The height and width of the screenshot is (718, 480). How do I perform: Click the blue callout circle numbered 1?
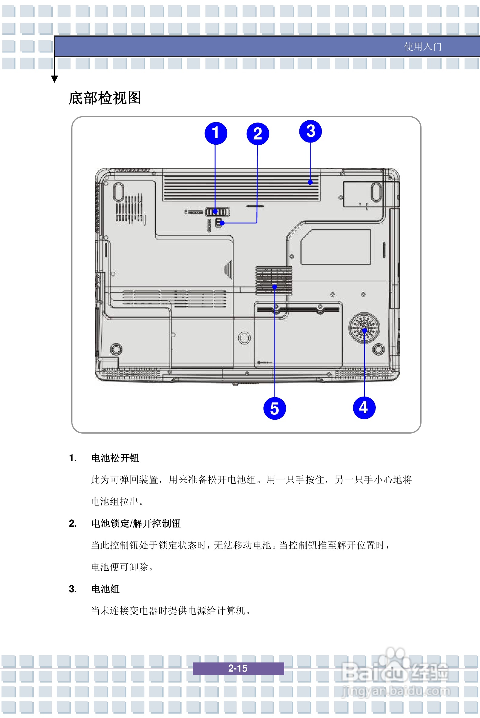coord(216,133)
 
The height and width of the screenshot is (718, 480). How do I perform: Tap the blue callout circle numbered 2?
coord(258,134)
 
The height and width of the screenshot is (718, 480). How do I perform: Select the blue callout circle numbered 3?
coord(310,131)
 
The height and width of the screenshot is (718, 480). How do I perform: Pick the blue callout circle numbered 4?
coord(364,408)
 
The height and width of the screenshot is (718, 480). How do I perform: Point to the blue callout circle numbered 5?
coord(275,408)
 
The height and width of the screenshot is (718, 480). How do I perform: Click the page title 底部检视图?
coord(105,98)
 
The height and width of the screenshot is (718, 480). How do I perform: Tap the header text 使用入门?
coord(423,47)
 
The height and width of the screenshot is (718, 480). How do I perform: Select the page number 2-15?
coord(238,668)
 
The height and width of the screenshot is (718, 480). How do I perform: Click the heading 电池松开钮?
coord(115,458)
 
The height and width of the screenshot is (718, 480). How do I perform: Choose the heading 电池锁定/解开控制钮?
coord(136,523)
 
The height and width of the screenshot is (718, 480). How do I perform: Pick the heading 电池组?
coord(105,589)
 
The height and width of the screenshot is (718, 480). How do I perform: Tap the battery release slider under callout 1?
coord(217,212)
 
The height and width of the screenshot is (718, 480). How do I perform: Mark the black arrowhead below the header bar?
coord(55,79)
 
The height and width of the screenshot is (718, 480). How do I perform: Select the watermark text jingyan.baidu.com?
coord(395,691)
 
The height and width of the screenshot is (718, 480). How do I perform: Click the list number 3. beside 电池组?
coord(73,589)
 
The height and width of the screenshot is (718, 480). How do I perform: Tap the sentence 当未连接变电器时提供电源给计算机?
coord(171,611)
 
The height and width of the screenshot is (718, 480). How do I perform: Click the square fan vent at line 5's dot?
coord(274,280)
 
